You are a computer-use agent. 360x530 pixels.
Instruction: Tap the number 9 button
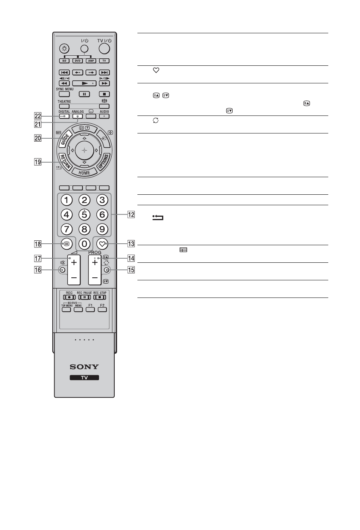pyautogui.click(x=102, y=229)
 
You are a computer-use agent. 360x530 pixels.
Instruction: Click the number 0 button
pyautogui.click(x=84, y=244)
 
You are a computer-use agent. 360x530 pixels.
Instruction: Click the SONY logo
pyautogui.click(x=84, y=367)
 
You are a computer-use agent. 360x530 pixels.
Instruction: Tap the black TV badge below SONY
pyautogui.click(x=84, y=378)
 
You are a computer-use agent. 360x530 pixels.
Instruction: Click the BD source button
pyautogui.click(x=64, y=61)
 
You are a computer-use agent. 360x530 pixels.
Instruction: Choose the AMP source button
pyautogui.click(x=91, y=61)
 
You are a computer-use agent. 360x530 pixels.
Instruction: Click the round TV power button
pyautogui.click(x=105, y=49)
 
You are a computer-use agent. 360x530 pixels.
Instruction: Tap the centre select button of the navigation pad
pyautogui.click(x=84, y=150)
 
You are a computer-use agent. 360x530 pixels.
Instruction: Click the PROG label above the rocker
pyautogui.click(x=95, y=253)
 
